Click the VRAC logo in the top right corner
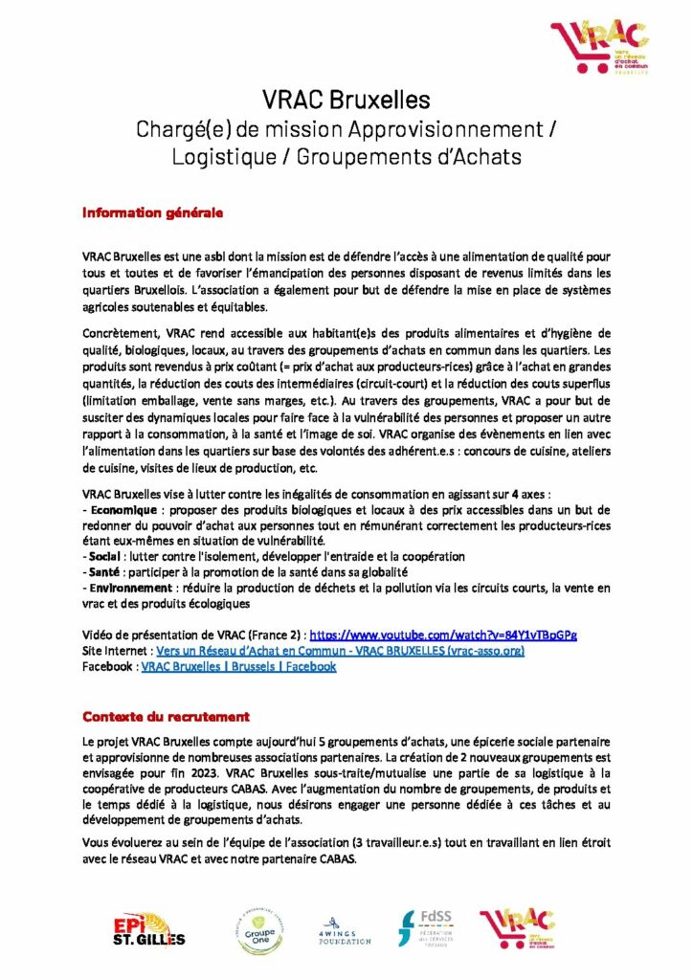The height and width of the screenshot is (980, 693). pos(598,48)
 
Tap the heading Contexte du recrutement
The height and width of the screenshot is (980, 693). pos(166,716)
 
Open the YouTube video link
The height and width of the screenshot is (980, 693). pos(443,635)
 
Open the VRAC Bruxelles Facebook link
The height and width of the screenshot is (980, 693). pos(238,667)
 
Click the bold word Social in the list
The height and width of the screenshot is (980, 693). pos(106,556)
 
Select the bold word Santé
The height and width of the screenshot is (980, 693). pos(105,572)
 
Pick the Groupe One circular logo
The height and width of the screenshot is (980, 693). pos(251,927)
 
